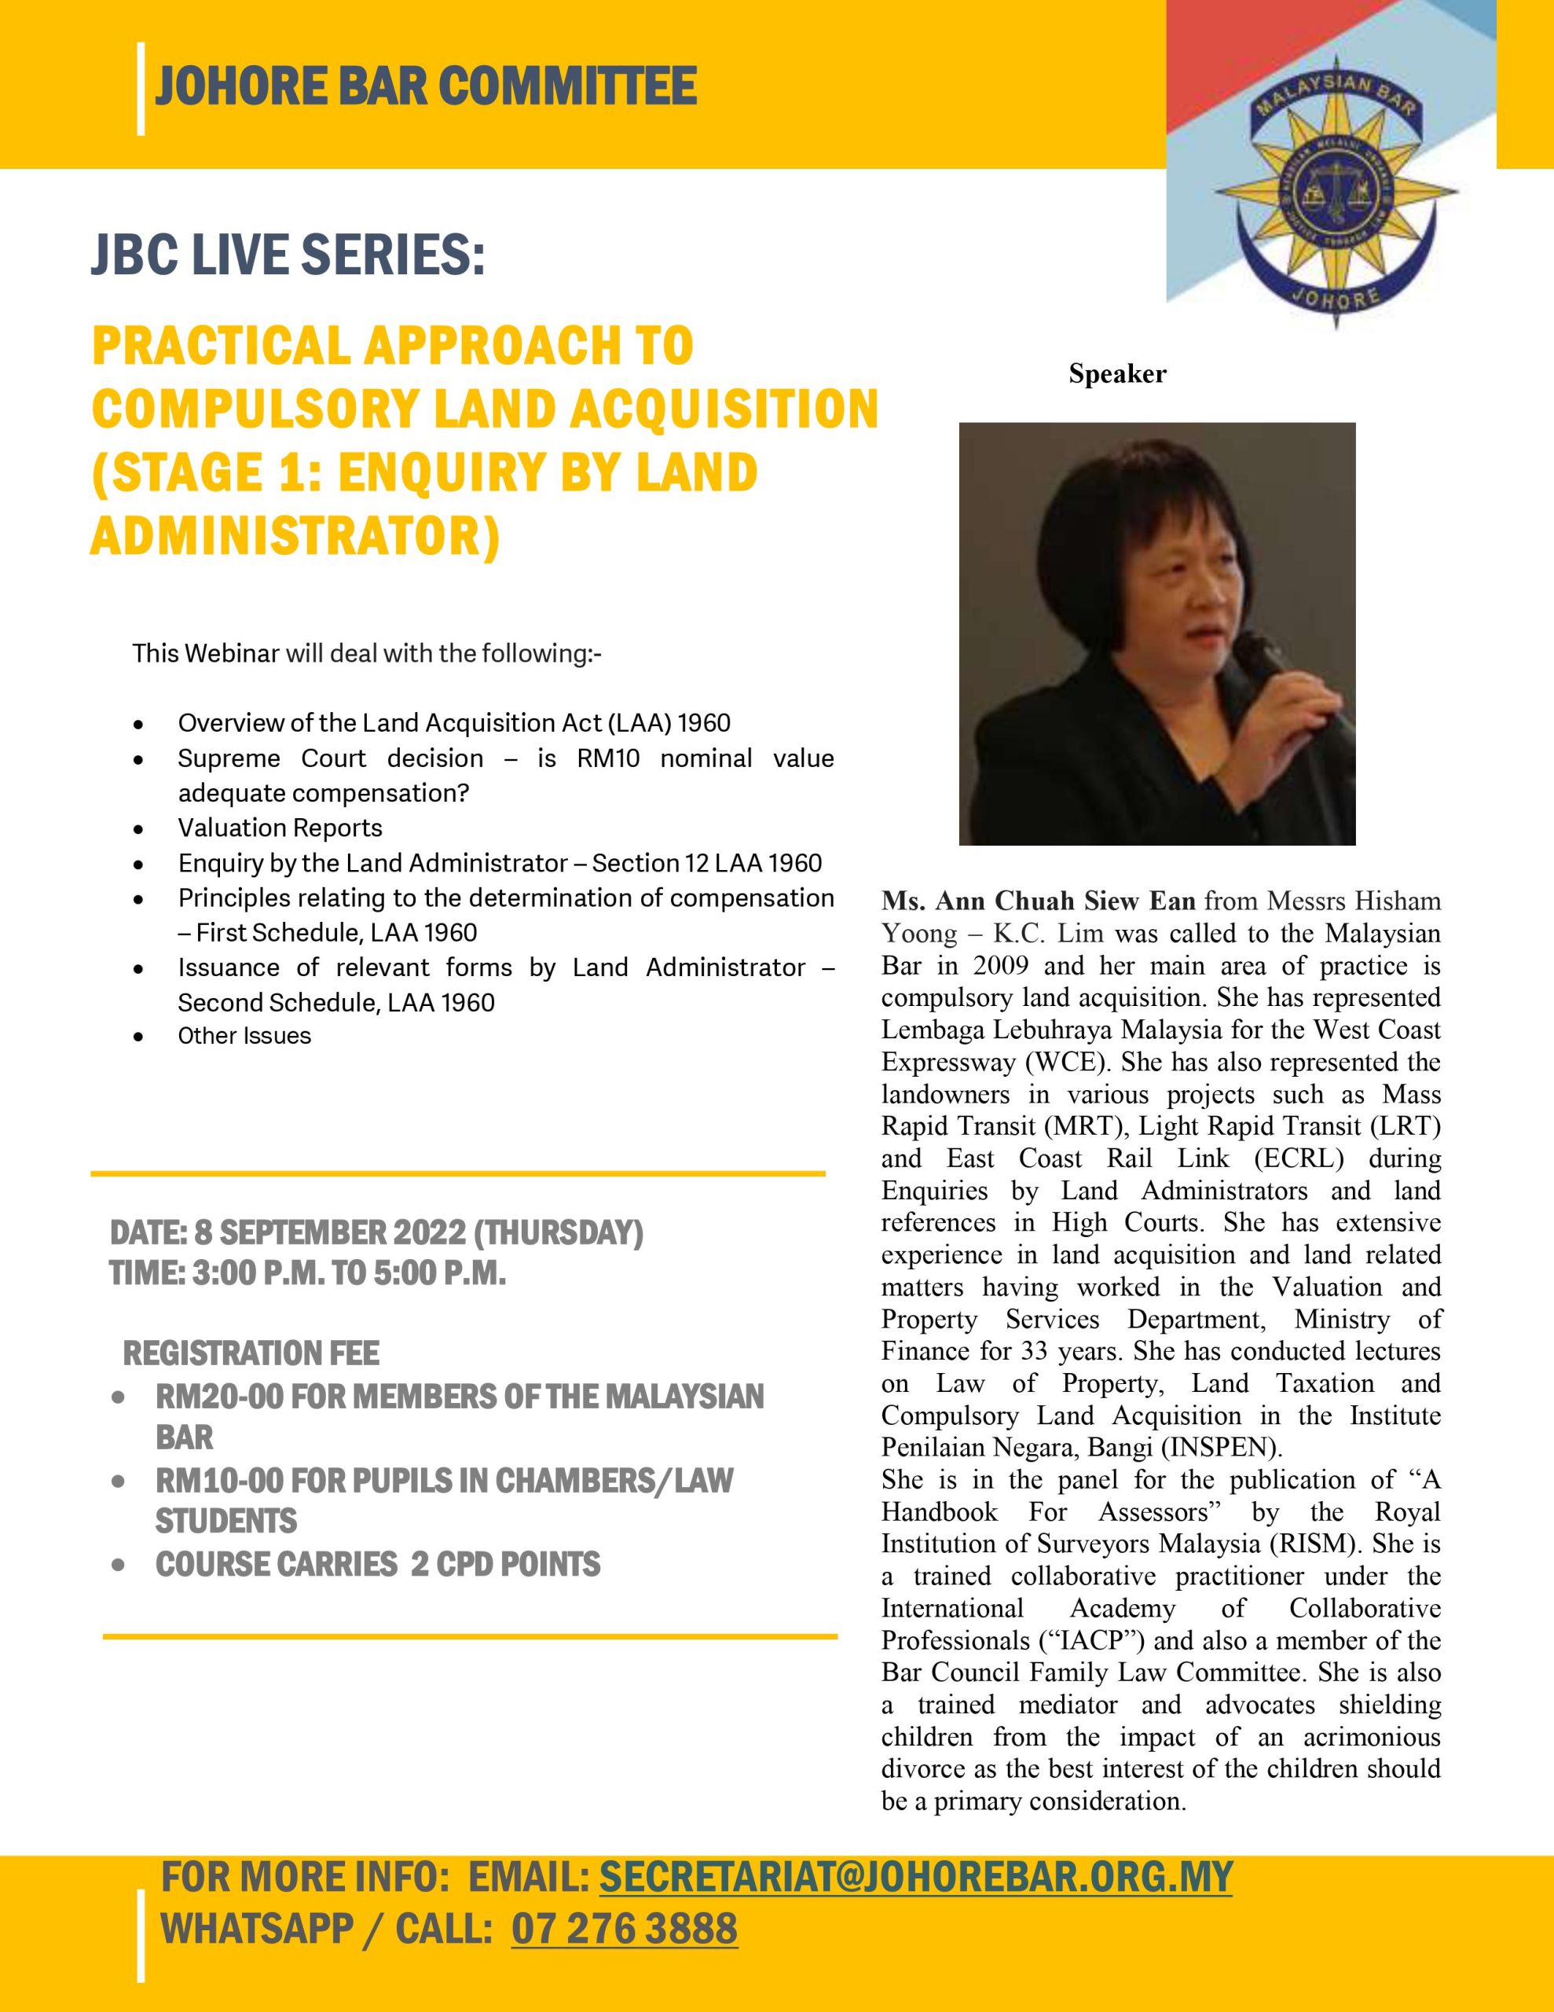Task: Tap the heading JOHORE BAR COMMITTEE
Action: [425, 87]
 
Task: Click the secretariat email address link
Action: [915, 1877]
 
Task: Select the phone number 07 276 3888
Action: [624, 1928]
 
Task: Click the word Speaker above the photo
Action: [1116, 374]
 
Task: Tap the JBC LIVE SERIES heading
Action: [288, 255]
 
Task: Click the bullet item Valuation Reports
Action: [280, 828]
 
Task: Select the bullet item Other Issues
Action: [244, 1036]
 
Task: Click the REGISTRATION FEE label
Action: [251, 1353]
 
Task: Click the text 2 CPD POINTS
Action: [505, 1563]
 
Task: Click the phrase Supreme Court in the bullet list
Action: [272, 758]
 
